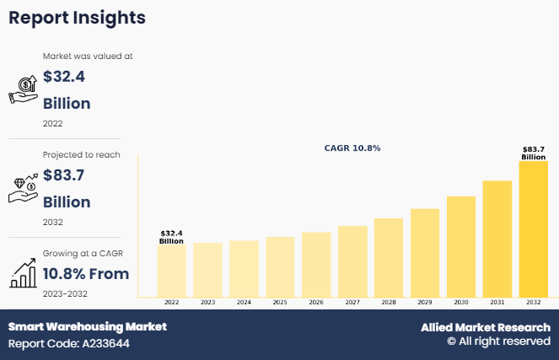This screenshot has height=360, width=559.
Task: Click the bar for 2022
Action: (171, 271)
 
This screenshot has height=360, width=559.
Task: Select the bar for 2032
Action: (533, 228)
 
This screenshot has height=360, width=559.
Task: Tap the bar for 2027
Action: (352, 261)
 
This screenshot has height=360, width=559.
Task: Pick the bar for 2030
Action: (461, 246)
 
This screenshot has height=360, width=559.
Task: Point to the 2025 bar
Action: (280, 266)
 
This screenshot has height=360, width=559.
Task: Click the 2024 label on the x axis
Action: (244, 302)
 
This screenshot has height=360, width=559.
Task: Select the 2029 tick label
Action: (425, 302)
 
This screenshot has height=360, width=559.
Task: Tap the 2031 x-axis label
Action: (497, 302)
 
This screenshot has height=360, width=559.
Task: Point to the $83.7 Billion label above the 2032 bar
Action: (533, 153)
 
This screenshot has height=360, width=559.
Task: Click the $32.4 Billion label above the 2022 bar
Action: (171, 237)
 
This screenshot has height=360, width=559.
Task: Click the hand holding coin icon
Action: (23, 88)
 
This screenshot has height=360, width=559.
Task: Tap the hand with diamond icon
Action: (23, 188)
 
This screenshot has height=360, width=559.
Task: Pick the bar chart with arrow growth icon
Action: (23, 272)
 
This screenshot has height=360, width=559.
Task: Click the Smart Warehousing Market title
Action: (88, 326)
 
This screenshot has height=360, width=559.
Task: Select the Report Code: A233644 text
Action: (69, 343)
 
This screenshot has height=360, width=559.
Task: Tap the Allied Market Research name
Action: (485, 327)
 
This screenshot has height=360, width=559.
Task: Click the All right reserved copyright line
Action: (498, 341)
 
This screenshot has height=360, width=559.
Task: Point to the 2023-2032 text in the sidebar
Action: (65, 293)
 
